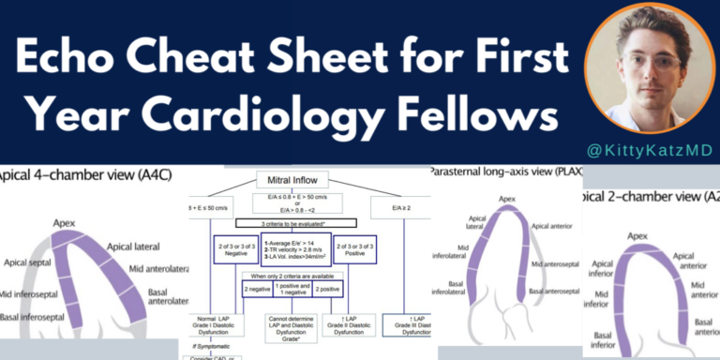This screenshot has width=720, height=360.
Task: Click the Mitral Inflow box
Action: click(x=286, y=179)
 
